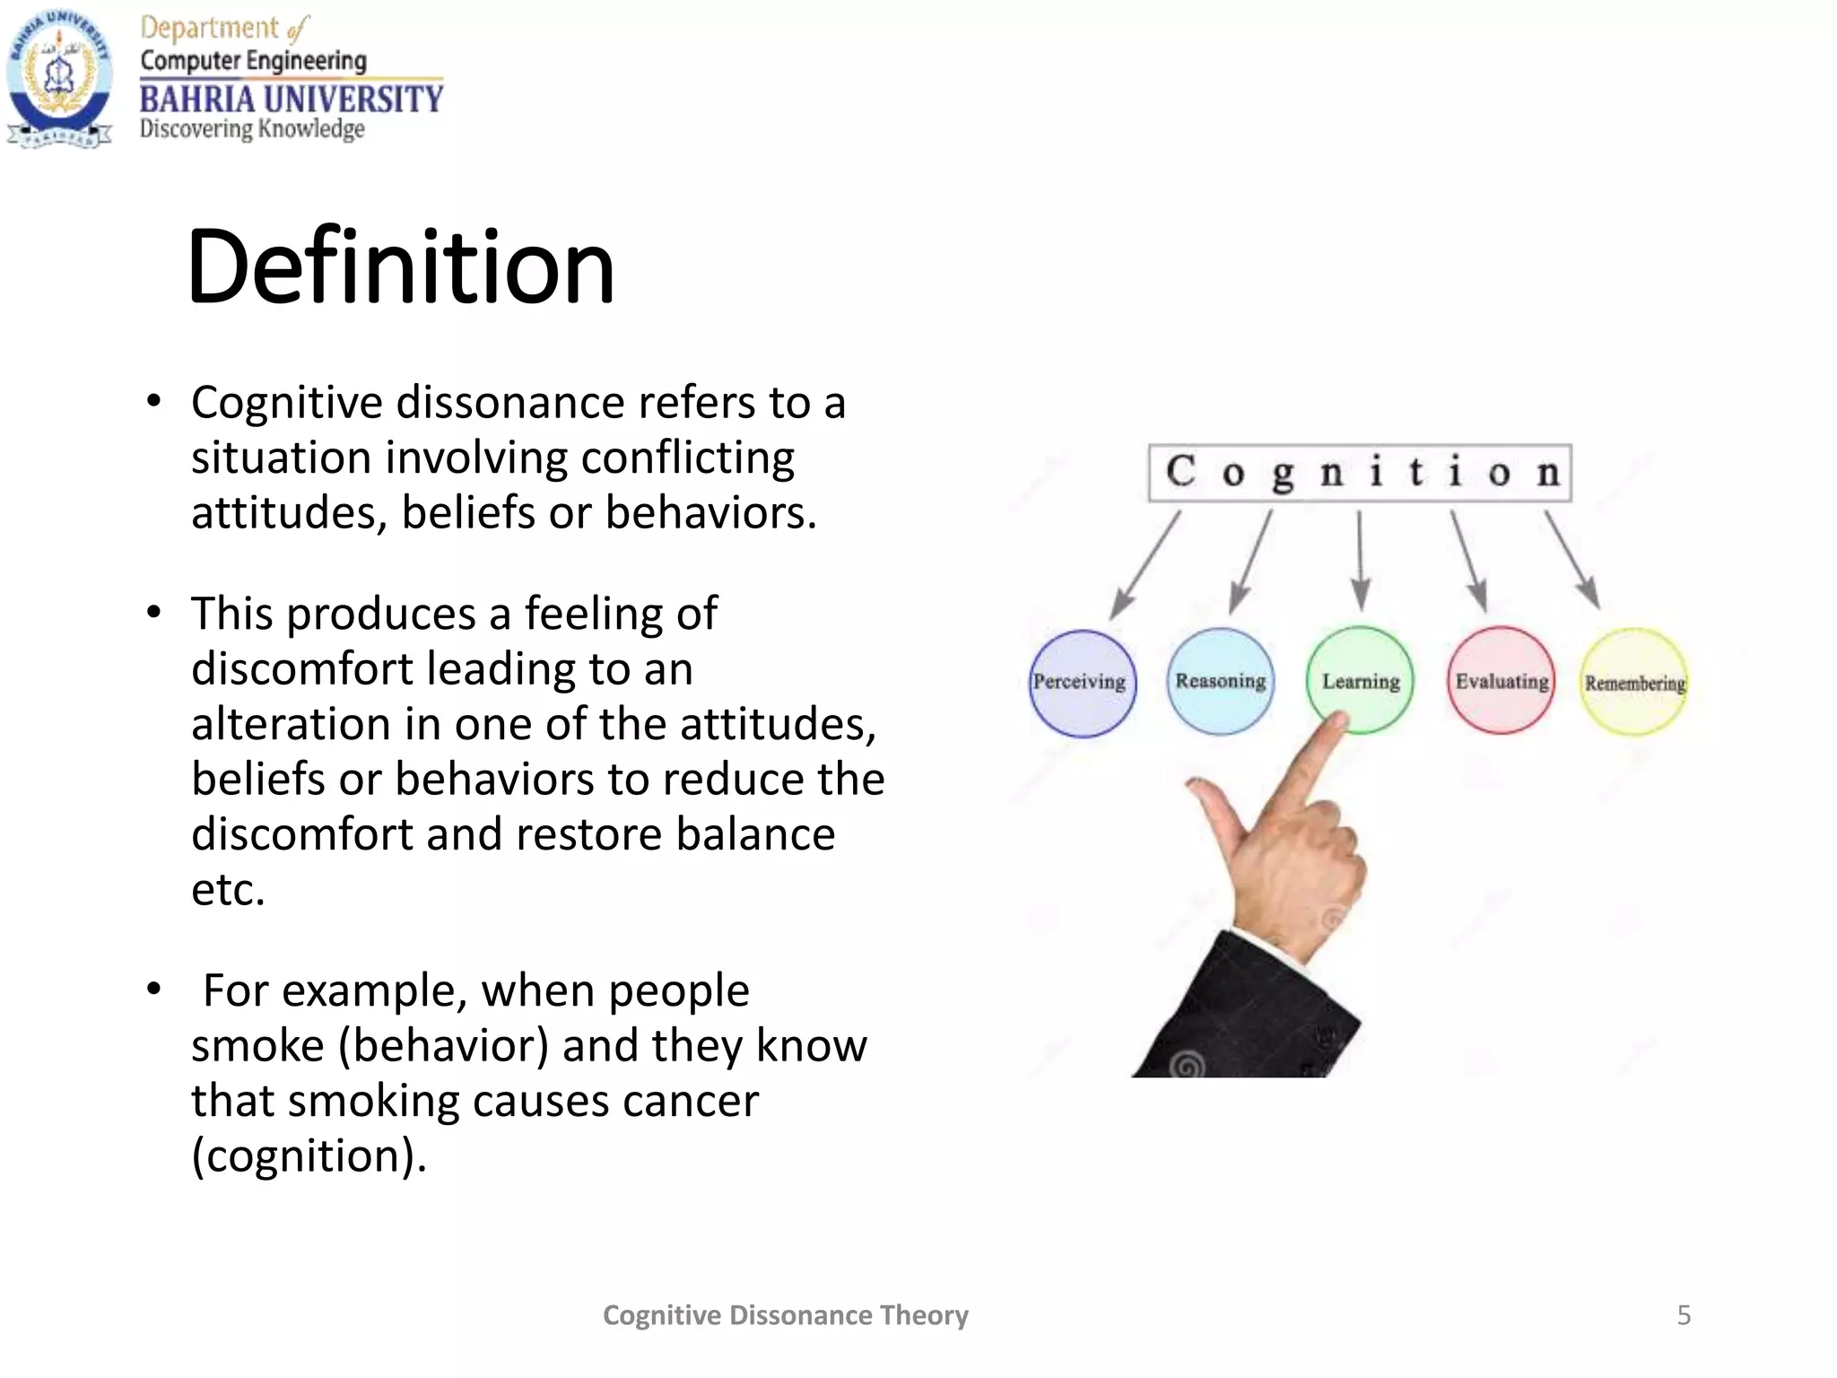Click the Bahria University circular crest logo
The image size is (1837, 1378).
click(59, 79)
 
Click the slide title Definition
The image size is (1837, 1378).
click(400, 266)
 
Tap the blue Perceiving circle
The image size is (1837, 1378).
click(1082, 683)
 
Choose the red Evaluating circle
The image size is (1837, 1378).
click(1501, 681)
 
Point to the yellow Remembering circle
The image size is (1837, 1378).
click(1634, 683)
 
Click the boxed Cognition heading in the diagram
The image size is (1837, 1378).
click(1360, 473)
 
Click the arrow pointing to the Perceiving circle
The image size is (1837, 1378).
click(1145, 566)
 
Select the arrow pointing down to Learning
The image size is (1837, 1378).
click(1360, 561)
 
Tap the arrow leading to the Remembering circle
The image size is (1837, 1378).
click(1571, 561)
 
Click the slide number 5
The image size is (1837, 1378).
click(1684, 1315)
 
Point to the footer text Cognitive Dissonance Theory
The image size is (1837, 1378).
click(785, 1315)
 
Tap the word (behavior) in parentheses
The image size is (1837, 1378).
click(443, 1046)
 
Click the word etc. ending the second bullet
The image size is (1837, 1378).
click(228, 890)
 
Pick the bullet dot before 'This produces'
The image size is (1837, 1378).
click(154, 614)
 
